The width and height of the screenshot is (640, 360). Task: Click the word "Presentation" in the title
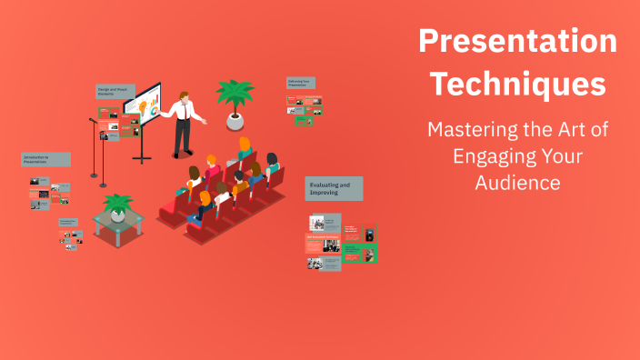(x=517, y=42)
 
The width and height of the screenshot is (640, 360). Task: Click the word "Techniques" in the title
(x=517, y=84)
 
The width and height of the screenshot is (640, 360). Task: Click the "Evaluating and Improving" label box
(x=334, y=189)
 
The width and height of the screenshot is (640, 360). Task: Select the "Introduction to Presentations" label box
(x=45, y=160)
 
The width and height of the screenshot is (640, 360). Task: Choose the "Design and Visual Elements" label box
(x=115, y=92)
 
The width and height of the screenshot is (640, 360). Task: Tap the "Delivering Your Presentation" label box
(x=301, y=83)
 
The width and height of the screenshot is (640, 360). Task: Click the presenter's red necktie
(x=188, y=112)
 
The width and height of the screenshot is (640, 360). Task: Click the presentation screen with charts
(x=143, y=107)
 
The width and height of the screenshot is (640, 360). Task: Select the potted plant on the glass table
(x=117, y=205)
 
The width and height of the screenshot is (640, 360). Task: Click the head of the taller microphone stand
(x=93, y=120)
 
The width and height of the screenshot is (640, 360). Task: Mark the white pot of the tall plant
(x=235, y=119)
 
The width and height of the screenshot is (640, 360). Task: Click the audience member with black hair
(x=238, y=176)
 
